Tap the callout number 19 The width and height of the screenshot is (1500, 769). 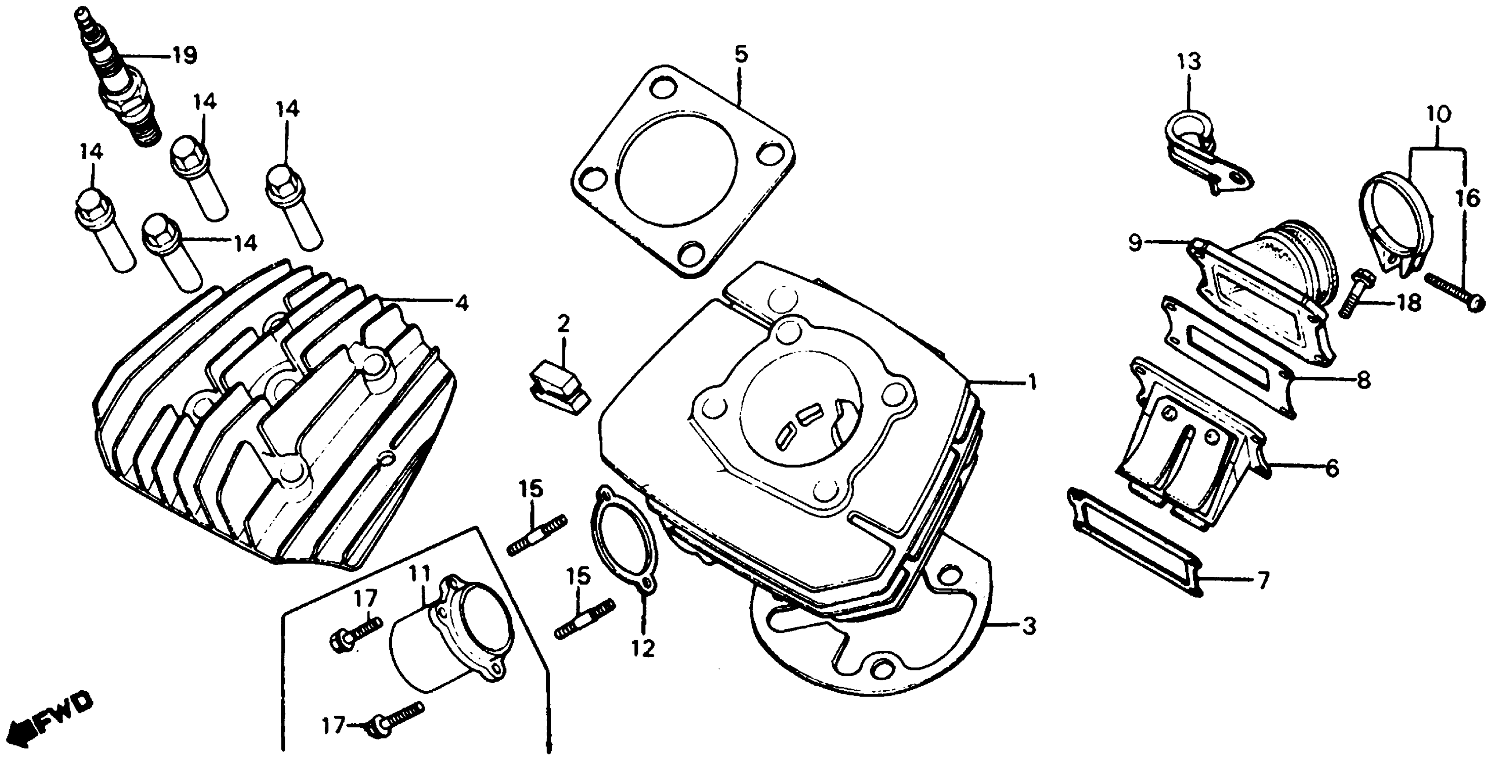coord(184,56)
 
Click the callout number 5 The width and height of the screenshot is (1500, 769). coord(741,54)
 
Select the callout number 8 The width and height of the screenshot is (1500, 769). coord(1363,380)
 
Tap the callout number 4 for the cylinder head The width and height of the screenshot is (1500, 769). coord(462,303)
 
